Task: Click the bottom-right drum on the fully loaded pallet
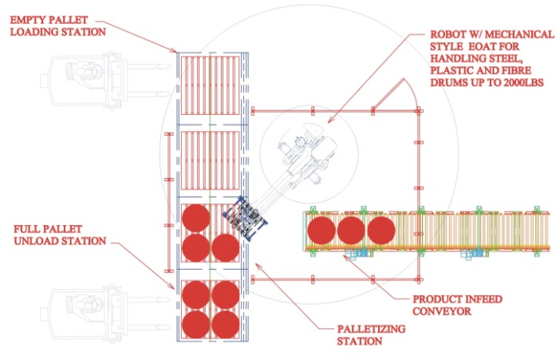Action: pyautogui.click(x=225, y=325)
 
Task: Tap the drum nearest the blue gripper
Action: pyautogui.click(x=226, y=246)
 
